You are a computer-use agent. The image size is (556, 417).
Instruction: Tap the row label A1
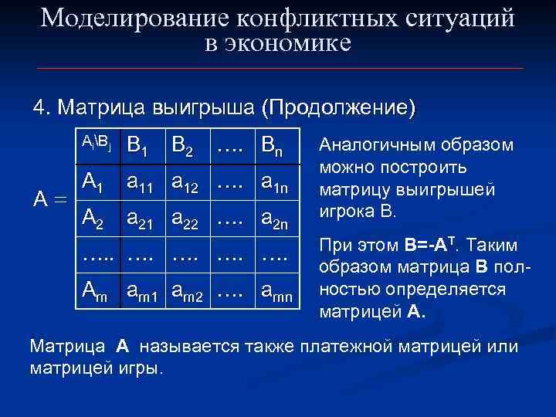pyautogui.click(x=93, y=182)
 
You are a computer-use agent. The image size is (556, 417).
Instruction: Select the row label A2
pyautogui.click(x=93, y=219)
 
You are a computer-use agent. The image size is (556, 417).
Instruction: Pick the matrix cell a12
pyautogui.click(x=188, y=183)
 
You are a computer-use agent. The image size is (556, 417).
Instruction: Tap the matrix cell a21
pyautogui.click(x=140, y=219)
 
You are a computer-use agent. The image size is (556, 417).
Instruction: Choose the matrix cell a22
pyautogui.click(x=188, y=219)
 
